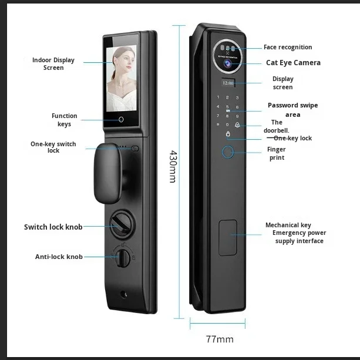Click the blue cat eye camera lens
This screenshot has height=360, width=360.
228,63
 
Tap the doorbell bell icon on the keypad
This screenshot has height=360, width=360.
237,125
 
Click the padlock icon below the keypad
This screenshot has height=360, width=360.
228,134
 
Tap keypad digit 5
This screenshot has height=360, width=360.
227,107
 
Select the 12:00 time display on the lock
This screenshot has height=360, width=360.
228,83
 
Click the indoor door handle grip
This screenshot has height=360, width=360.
107,173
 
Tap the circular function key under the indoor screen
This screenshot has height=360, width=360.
121,119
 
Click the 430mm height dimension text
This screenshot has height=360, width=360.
173,166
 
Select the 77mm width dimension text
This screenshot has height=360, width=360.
220,339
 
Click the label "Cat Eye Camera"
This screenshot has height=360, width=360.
293,63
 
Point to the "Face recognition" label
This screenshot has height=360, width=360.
288,48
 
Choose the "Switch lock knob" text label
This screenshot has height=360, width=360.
53,227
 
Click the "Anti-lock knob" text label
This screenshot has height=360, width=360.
59,257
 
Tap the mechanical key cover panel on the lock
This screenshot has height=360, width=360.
228,238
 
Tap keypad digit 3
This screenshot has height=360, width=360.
237,98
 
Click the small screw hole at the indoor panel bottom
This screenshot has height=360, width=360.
123,294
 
